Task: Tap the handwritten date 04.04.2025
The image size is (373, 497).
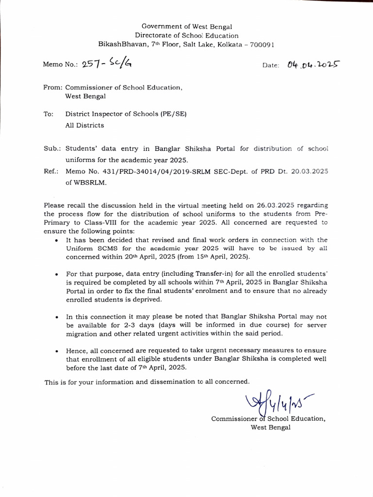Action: pos(313,64)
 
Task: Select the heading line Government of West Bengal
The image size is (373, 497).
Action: pos(186,26)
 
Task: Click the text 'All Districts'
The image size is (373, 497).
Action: pos(85,125)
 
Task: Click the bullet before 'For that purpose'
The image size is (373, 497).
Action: pos(58,275)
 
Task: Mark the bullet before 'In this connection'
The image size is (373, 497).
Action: pos(58,317)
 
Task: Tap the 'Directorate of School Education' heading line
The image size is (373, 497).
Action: pos(186,35)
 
